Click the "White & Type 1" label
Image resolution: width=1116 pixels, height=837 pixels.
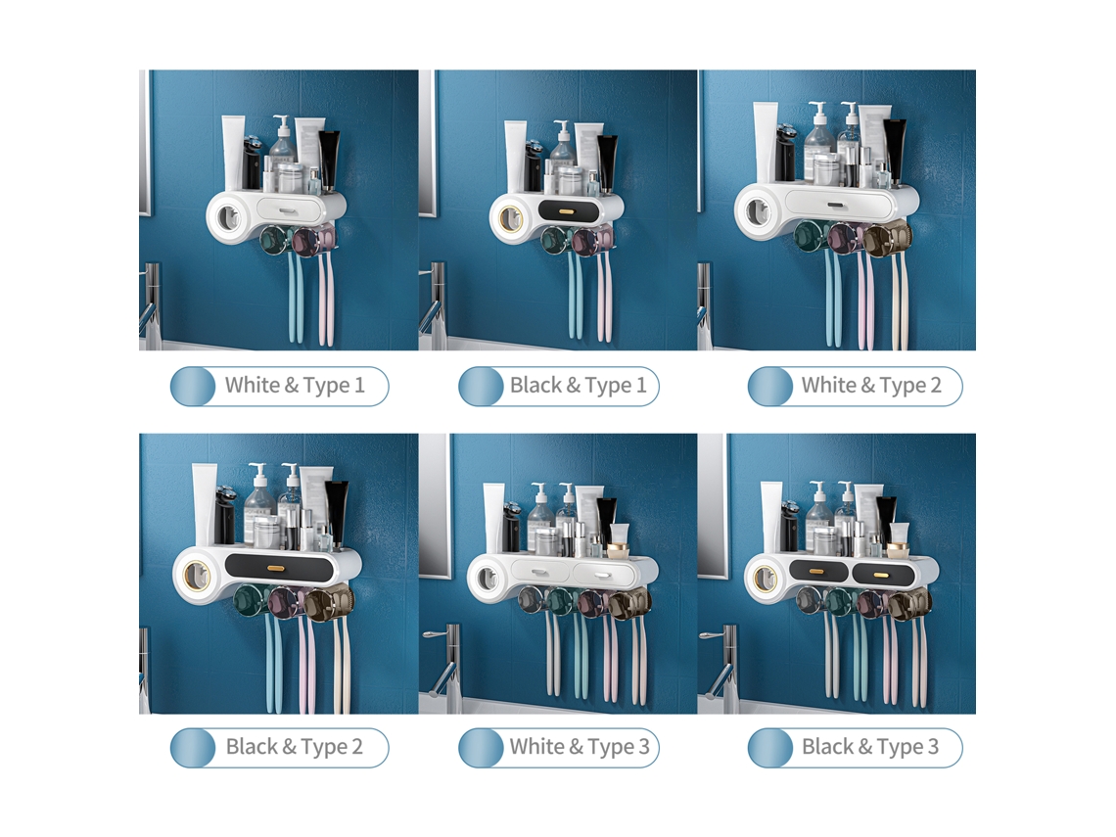[295, 386]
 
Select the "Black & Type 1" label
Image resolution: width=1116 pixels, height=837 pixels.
[578, 386]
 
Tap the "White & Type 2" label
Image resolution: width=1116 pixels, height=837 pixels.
[871, 386]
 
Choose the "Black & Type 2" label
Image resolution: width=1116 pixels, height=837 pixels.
[294, 747]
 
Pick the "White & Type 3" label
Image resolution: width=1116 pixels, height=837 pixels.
[580, 747]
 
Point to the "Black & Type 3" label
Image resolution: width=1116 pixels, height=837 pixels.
[869, 747]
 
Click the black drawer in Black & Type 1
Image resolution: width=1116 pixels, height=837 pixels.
[566, 210]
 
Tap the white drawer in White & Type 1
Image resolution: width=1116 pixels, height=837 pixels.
[286, 209]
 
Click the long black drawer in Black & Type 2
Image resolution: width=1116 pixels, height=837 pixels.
[279, 567]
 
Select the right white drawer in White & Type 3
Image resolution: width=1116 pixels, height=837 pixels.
[602, 572]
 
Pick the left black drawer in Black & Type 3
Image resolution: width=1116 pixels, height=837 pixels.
[818, 571]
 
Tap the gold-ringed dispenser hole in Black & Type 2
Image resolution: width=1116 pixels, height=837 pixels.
[197, 575]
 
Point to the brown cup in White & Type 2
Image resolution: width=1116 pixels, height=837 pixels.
[888, 237]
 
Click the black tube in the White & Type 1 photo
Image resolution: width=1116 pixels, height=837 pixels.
[328, 160]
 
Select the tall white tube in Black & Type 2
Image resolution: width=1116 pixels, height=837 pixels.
[204, 503]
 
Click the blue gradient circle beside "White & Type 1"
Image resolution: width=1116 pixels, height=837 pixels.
[194, 387]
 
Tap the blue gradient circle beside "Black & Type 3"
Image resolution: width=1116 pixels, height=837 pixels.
[770, 748]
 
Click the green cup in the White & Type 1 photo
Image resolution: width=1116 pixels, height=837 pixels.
[272, 240]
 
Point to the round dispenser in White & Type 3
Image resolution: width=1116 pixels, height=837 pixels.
[488, 577]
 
